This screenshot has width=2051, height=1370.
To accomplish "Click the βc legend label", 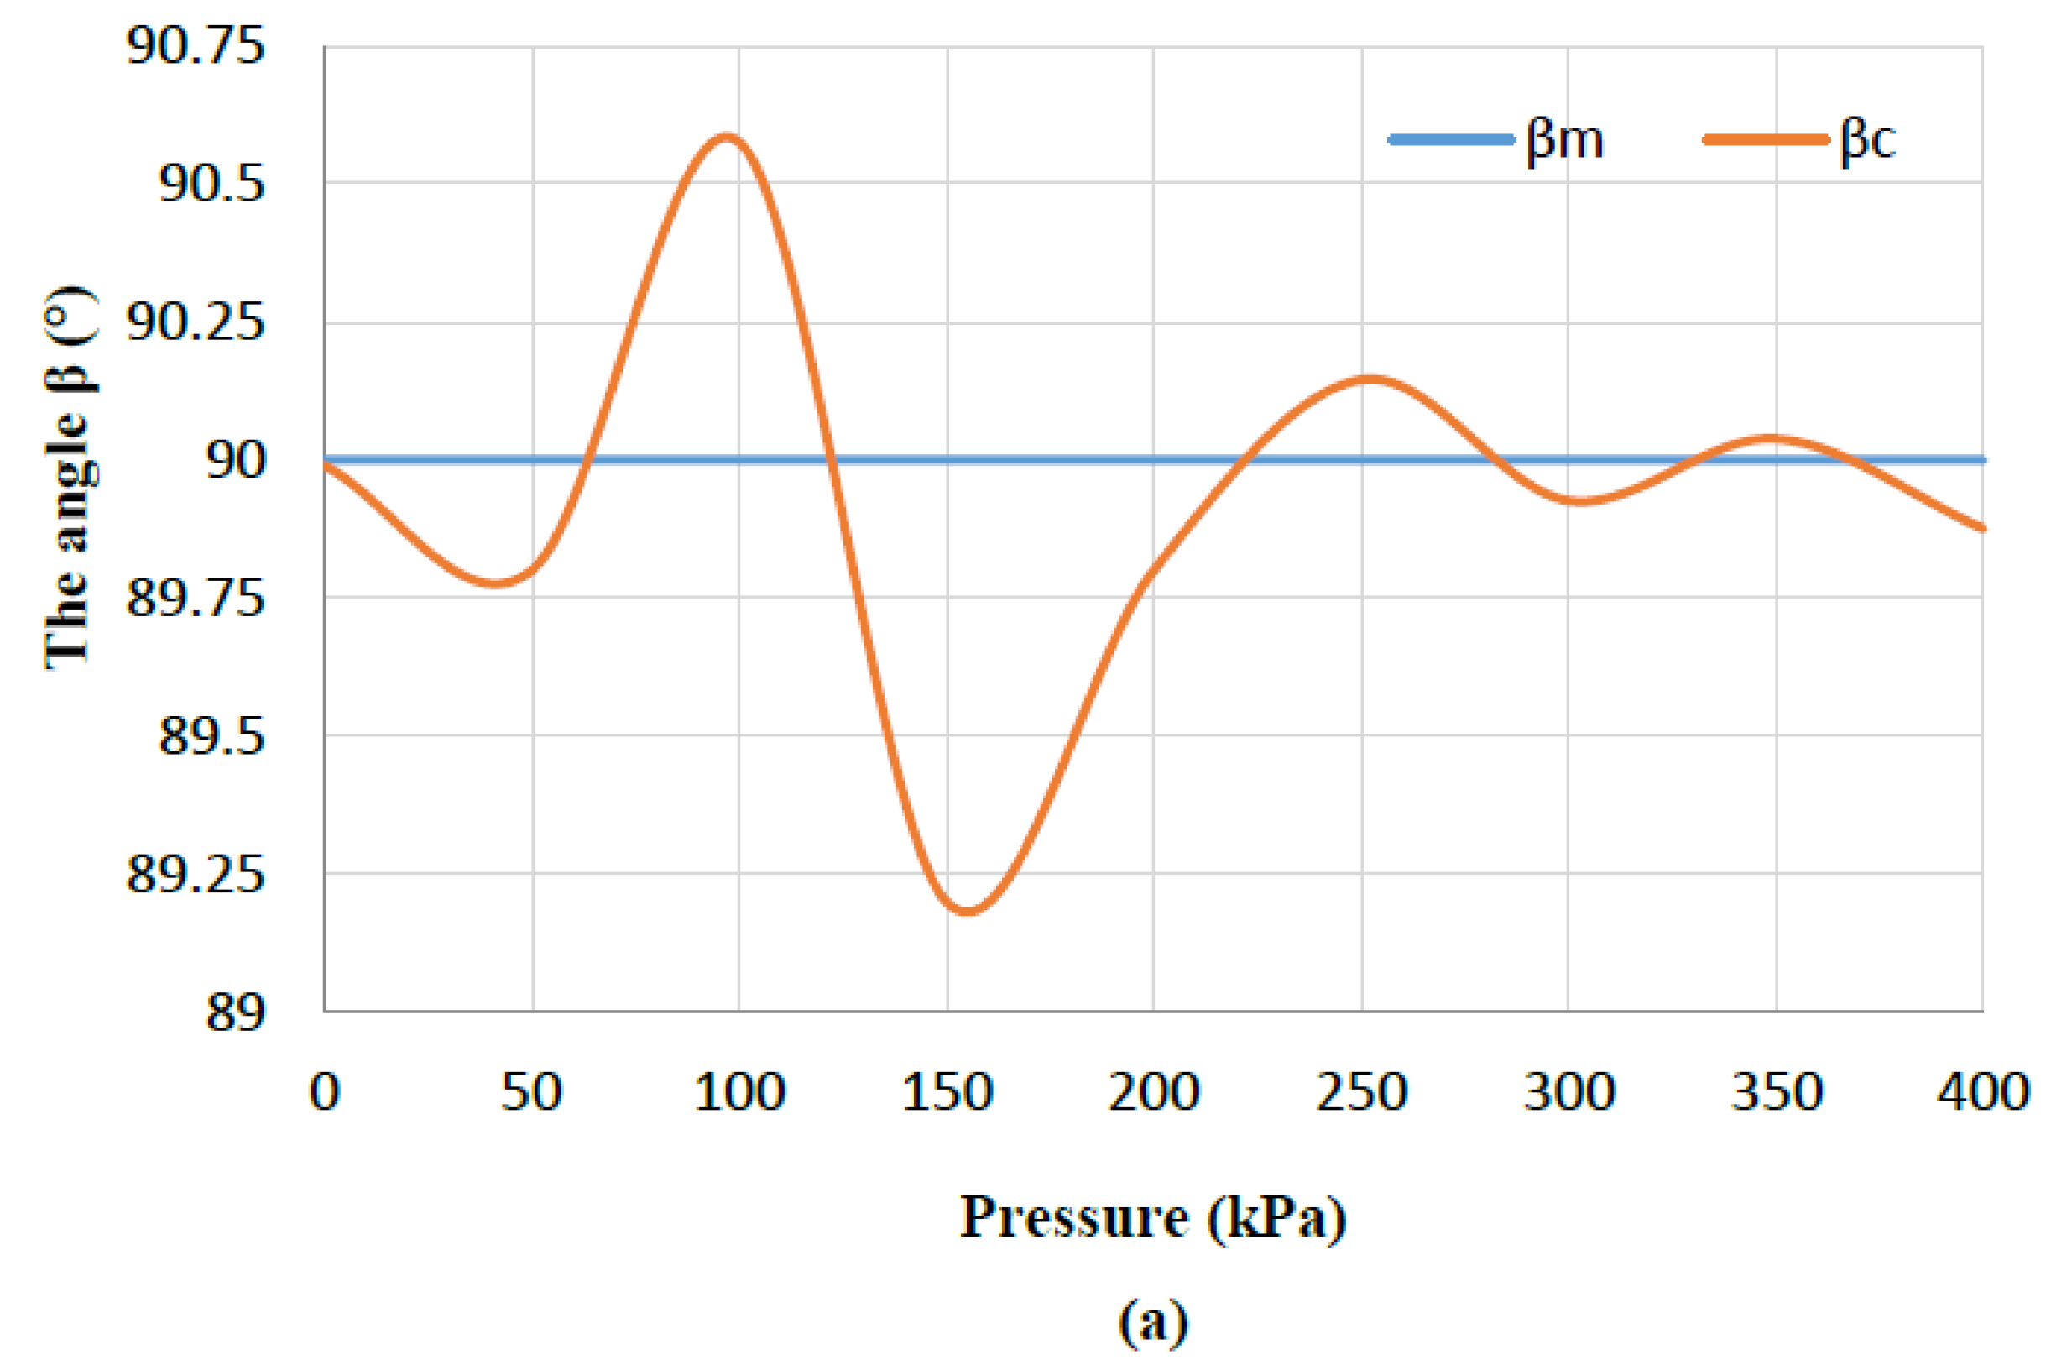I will click(x=1866, y=140).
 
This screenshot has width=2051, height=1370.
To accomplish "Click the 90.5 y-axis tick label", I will click(x=211, y=184).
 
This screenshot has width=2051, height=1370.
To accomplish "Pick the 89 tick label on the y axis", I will click(x=235, y=1012).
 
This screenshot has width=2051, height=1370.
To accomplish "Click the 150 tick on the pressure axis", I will click(x=947, y=1092).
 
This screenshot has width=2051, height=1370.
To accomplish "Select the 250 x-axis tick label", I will click(x=1362, y=1092).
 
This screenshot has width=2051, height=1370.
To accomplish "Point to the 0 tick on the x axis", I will click(x=324, y=1092).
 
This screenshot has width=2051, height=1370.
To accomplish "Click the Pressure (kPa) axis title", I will click(x=1153, y=1216).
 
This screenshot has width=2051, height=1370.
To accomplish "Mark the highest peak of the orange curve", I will click(x=726, y=136).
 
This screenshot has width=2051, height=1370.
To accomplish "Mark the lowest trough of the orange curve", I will click(x=967, y=911).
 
